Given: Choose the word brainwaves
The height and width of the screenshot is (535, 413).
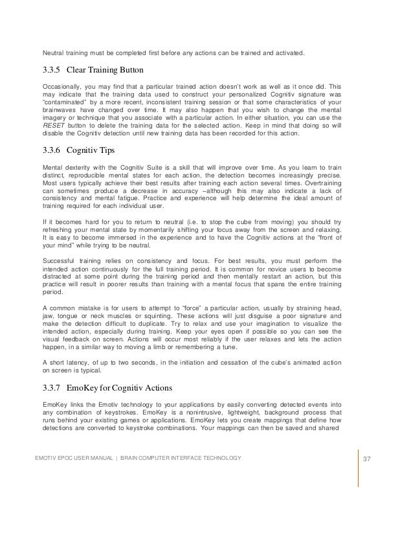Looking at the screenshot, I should click(57, 110).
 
